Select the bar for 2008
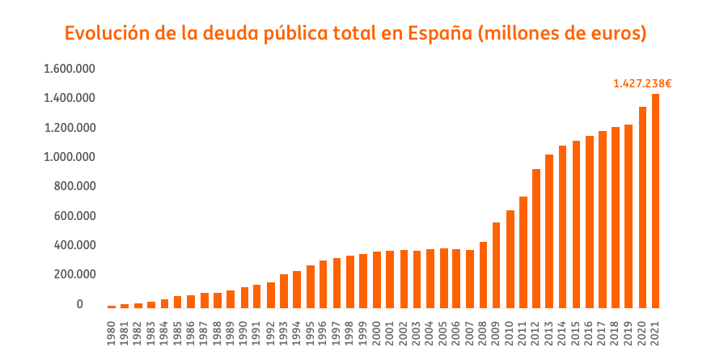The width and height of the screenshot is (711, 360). coord(483,275)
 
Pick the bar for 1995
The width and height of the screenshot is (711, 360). coord(311,286)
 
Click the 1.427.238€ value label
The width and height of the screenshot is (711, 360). coord(643,83)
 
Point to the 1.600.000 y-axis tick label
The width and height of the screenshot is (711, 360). coord(70,69)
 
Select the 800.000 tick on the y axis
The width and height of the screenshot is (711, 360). coord(74,186)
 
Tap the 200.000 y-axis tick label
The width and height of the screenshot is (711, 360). coord(74,274)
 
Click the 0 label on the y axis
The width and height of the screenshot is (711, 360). coord(80,304)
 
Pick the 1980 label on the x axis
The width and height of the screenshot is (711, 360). coord(112,334)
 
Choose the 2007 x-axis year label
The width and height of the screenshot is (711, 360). coord(470,334)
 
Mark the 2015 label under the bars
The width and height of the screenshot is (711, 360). coord(576,334)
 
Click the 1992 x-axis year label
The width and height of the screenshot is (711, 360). coord(271,334)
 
